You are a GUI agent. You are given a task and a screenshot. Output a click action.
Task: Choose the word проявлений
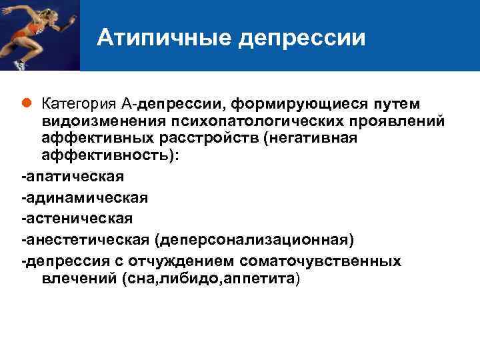coord(392,121)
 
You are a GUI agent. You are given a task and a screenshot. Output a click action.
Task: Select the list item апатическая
coord(73,177)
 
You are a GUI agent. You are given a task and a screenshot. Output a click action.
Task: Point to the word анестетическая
coord(87,239)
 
